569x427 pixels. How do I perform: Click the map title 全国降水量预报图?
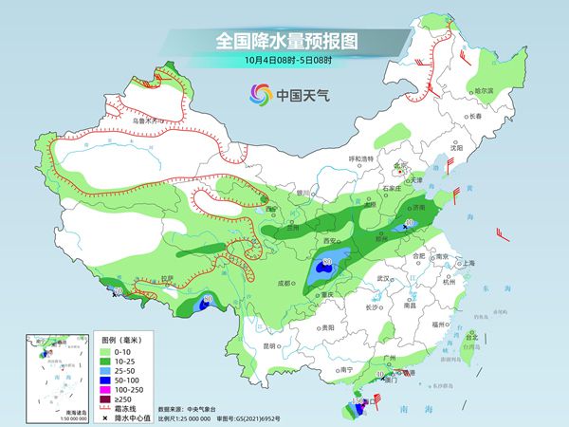click(284, 41)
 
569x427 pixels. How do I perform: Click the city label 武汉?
click(383, 278)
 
